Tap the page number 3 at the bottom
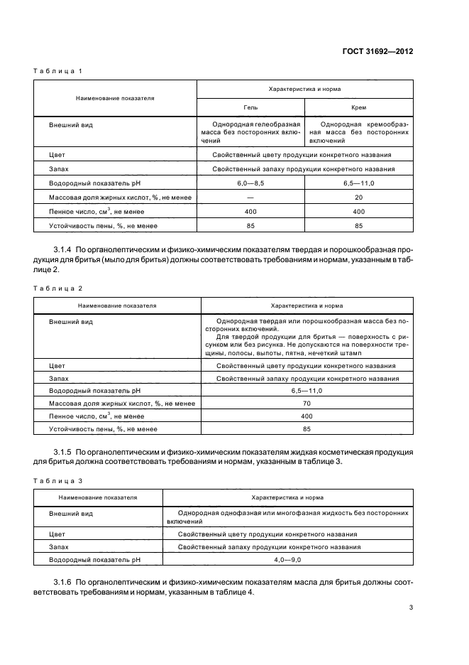411,607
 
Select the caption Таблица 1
59,71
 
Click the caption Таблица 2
59,288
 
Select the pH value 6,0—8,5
250,183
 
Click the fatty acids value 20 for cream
358,197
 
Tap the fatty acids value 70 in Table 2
307,403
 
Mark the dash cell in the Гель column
250,197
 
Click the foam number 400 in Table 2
307,416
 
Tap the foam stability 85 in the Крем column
358,225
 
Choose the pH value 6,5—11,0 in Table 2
307,390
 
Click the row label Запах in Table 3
59,547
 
